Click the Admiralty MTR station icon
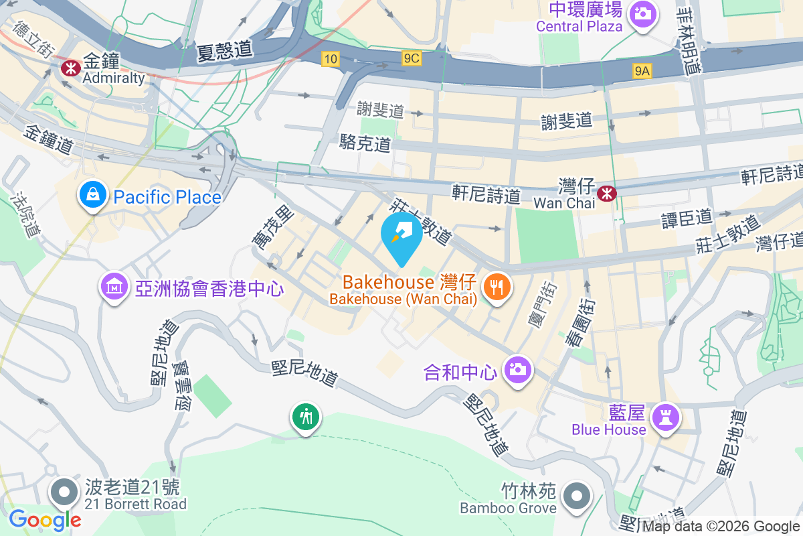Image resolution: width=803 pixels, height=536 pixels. (x=70, y=67)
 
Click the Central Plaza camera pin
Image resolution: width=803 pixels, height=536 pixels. (x=643, y=13)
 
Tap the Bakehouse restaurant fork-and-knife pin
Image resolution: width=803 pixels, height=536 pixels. (x=496, y=288)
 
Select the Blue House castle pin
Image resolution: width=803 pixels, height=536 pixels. (x=666, y=419)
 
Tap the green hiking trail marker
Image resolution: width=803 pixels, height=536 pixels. (x=306, y=418)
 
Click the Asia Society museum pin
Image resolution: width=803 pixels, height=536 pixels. (x=114, y=287)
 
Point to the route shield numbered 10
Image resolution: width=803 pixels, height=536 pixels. (x=329, y=59)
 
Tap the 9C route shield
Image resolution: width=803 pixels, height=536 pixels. (x=411, y=59)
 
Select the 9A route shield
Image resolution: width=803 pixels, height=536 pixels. (x=642, y=70)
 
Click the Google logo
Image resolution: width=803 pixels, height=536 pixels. (x=45, y=519)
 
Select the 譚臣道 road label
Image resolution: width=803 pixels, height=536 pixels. (x=687, y=218)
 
